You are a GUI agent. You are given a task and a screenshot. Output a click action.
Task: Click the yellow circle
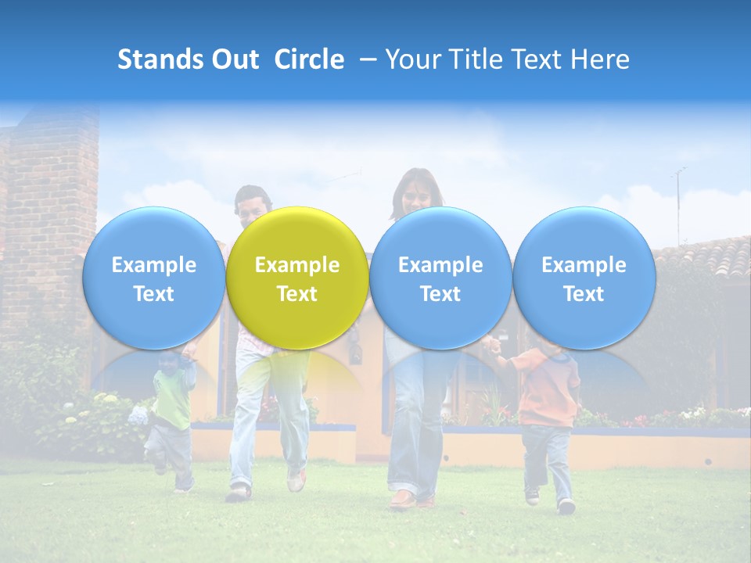[x=296, y=278]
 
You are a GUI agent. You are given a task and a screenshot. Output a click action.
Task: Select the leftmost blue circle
[x=153, y=278]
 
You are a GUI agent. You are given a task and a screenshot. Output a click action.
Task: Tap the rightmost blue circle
[x=584, y=278]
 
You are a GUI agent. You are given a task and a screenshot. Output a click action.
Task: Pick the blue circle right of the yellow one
[x=440, y=278]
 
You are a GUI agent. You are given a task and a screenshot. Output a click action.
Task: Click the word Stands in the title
[x=160, y=59]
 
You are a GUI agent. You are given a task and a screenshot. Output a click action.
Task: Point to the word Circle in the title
[x=309, y=59]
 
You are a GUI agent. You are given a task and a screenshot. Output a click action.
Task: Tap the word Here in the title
[x=600, y=59]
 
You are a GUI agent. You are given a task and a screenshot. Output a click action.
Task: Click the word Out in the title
[x=235, y=59]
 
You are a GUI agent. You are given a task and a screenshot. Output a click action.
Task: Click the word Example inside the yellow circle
[x=296, y=265]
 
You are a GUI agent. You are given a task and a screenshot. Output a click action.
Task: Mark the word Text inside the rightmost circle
[x=584, y=294]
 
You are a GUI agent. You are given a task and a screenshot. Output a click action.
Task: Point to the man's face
[x=252, y=205]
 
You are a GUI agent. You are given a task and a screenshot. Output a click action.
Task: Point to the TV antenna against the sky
[x=678, y=199]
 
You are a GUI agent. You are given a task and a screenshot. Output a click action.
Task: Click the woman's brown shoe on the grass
[x=403, y=499]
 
